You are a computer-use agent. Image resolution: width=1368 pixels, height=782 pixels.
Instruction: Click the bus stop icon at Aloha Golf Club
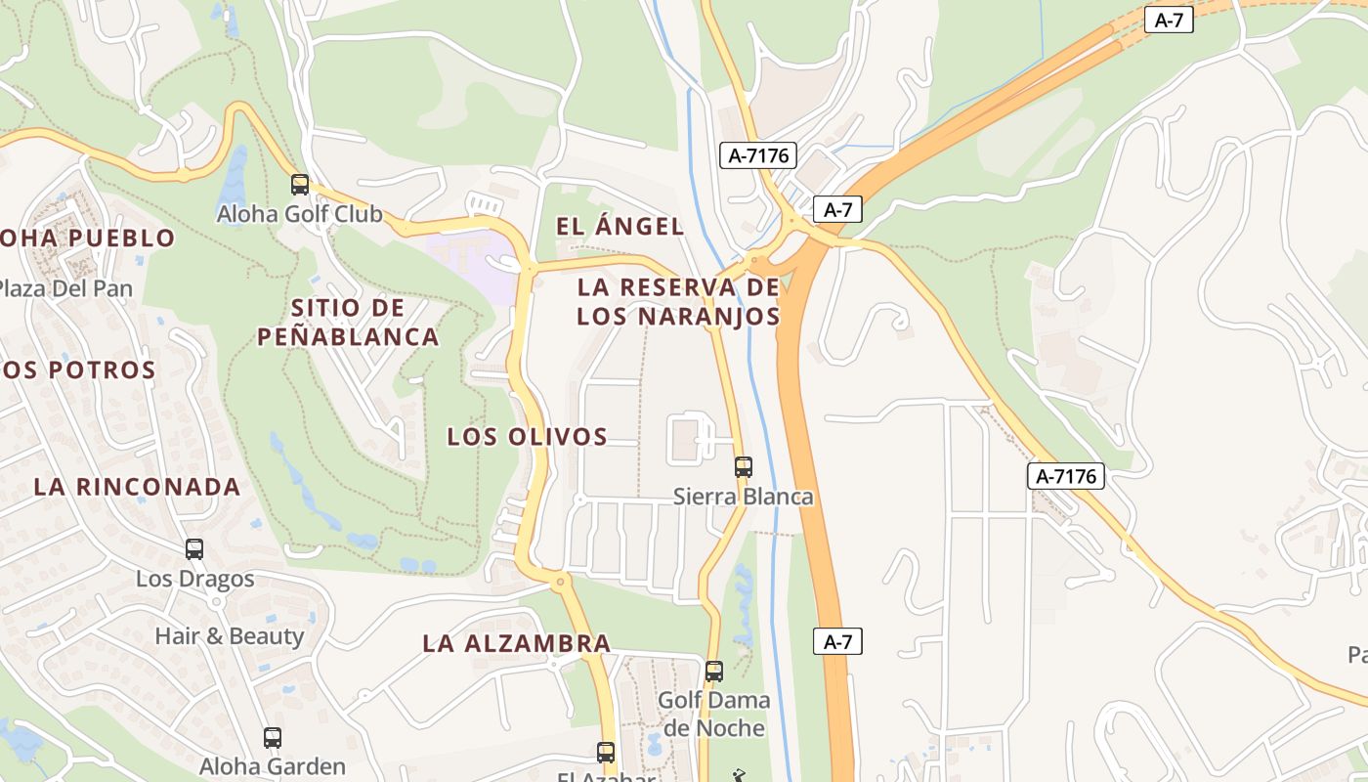(300, 184)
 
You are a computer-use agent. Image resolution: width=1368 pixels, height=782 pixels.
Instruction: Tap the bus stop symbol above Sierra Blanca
(744, 466)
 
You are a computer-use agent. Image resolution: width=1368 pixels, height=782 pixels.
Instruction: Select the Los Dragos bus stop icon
(194, 549)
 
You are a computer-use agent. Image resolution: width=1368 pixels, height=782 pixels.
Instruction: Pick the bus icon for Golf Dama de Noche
(714, 671)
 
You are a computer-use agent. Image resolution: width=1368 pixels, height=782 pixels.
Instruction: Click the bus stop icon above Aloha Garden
(273, 738)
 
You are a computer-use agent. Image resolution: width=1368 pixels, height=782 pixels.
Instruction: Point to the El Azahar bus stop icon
(606, 752)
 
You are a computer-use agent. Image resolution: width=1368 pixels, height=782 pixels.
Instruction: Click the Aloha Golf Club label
(299, 214)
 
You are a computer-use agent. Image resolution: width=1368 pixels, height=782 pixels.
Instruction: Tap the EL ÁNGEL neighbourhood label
(620, 227)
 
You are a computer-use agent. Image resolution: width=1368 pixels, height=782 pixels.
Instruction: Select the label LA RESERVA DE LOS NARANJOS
(678, 302)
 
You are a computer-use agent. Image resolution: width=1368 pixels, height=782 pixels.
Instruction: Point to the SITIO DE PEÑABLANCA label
(348, 323)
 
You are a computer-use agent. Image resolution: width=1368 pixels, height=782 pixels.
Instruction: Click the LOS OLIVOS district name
(527, 437)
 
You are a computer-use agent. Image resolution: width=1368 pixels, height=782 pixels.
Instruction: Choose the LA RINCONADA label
(137, 487)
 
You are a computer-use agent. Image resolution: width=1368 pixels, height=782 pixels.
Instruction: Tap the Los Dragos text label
(194, 579)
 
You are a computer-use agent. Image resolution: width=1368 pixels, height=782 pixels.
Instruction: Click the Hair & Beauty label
(230, 636)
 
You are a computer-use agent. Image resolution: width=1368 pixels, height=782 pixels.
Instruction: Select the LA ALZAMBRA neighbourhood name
(517, 643)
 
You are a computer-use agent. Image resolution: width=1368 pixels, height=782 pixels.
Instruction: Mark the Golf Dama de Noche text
(713, 715)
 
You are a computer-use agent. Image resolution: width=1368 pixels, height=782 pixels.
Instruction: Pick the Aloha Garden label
(273, 766)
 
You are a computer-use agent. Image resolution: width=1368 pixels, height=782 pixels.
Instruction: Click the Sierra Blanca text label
(743, 497)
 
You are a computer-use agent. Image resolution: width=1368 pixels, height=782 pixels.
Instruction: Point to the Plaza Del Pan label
(64, 288)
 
